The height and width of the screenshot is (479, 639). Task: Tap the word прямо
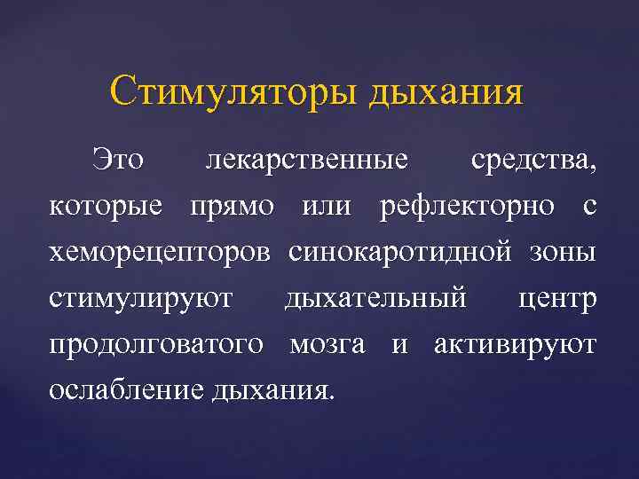(245, 208)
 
